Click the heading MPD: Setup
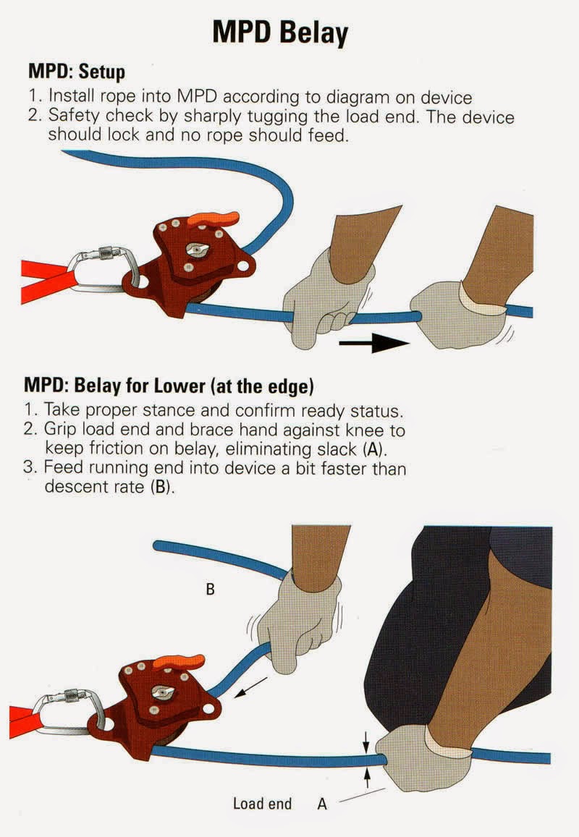(x=76, y=72)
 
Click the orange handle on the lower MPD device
(x=177, y=661)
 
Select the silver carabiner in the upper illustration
(x=101, y=272)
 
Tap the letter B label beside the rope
(x=210, y=590)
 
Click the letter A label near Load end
(x=322, y=804)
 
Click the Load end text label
(x=262, y=804)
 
